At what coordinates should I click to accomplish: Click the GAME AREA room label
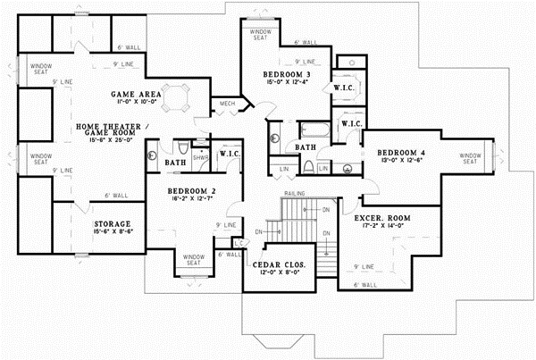tap(135, 94)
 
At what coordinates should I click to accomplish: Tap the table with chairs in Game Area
tap(180, 95)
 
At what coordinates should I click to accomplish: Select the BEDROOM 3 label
tap(287, 73)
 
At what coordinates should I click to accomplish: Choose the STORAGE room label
tap(113, 223)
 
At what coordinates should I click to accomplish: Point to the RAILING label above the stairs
tap(295, 192)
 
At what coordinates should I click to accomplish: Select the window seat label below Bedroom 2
tap(194, 259)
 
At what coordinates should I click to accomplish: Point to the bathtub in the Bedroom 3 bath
tap(314, 130)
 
